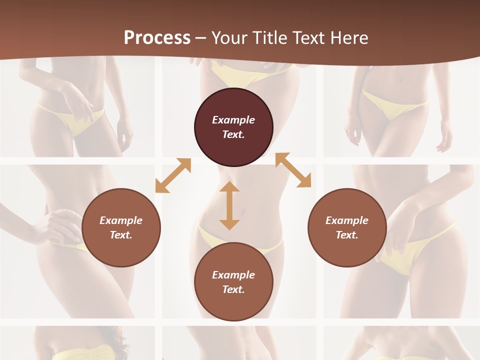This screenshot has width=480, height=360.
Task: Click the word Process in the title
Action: (157, 38)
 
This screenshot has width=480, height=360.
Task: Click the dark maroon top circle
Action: (233, 127)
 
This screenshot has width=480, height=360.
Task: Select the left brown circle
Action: (121, 227)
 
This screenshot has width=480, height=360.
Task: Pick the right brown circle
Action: (347, 227)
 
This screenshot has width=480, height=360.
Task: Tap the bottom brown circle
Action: (233, 282)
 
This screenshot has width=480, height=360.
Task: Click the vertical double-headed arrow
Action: (229, 205)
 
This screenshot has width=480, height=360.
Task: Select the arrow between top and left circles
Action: (173, 175)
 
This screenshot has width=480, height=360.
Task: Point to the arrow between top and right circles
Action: (293, 170)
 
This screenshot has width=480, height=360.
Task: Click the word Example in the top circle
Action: (233, 120)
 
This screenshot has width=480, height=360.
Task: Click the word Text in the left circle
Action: (121, 235)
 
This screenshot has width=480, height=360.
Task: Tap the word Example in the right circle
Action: (347, 220)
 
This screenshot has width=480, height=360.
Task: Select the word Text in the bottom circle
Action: (233, 289)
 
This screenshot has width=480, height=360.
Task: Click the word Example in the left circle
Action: (121, 220)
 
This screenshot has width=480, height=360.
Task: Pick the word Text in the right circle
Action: (346, 235)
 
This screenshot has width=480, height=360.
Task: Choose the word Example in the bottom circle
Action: (233, 275)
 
